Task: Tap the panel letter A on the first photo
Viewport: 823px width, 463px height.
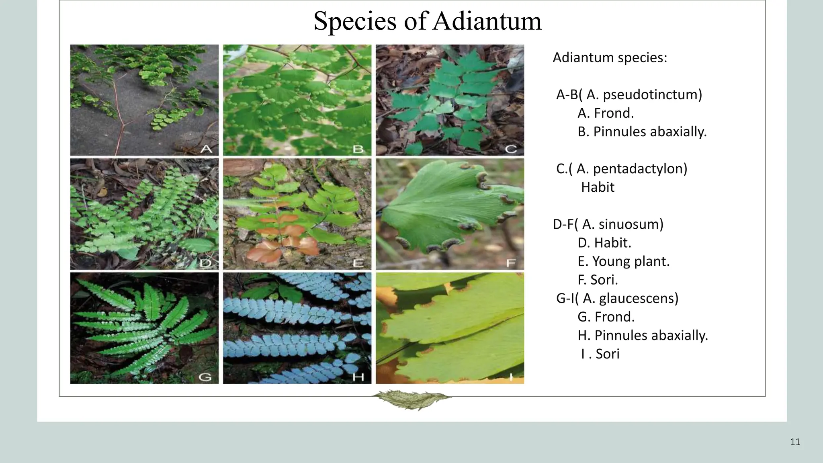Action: click(206, 149)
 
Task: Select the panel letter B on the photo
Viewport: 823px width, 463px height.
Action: click(358, 149)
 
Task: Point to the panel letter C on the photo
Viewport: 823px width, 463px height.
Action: click(510, 149)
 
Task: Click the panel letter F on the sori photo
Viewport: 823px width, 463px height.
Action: click(511, 263)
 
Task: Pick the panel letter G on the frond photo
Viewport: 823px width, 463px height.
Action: click(205, 377)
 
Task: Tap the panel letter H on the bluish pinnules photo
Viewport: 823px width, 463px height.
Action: click(358, 377)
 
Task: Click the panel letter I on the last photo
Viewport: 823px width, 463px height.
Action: click(511, 377)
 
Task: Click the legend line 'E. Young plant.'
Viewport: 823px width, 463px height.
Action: click(623, 261)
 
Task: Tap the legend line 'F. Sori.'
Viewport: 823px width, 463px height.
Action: click(598, 280)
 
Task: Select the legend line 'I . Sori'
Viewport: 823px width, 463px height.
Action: click(600, 354)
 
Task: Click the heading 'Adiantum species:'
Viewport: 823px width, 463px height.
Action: click(610, 58)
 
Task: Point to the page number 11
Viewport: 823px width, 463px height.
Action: click(795, 443)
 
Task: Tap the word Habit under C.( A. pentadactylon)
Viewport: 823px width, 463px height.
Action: click(598, 187)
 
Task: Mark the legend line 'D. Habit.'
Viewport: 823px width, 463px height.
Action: click(604, 243)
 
